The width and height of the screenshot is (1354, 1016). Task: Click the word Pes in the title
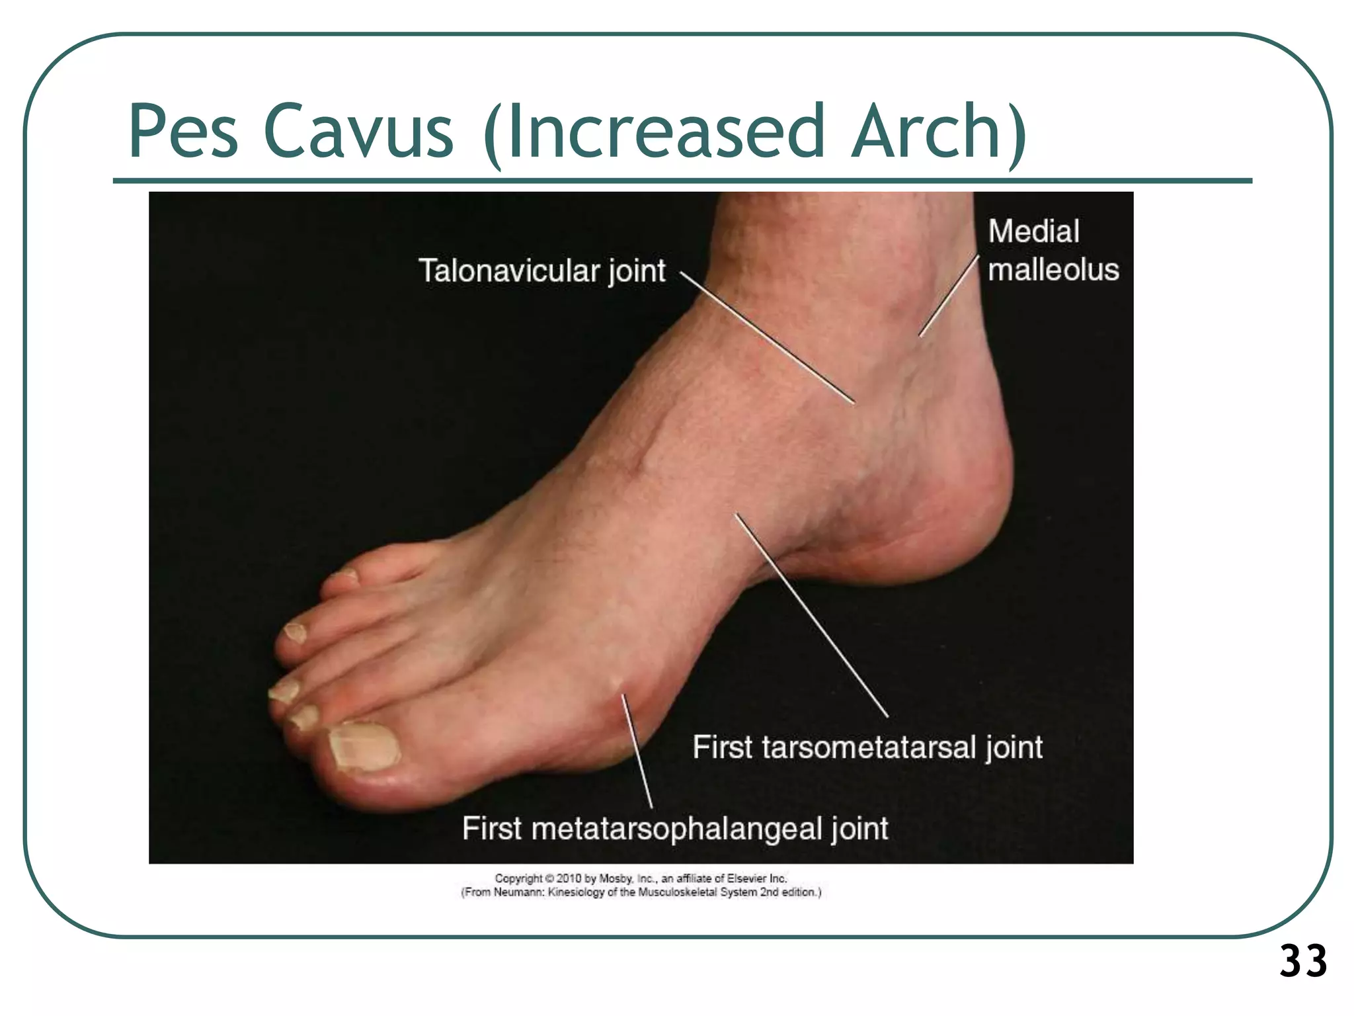click(x=183, y=132)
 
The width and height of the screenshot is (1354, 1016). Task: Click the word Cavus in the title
click(x=358, y=132)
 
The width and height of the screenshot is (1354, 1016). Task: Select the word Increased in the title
click(x=665, y=132)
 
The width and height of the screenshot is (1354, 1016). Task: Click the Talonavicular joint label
click(x=541, y=271)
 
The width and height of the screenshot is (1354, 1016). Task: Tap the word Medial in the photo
click(x=1033, y=232)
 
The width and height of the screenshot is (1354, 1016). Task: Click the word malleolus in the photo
click(x=1053, y=270)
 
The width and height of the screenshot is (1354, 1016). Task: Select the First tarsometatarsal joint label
click(x=867, y=747)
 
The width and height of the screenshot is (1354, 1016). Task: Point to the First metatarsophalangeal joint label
click(x=674, y=828)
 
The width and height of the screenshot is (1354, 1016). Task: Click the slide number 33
click(x=1302, y=961)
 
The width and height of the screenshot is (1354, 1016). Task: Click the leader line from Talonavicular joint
click(x=767, y=337)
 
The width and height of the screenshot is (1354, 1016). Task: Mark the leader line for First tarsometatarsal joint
click(x=812, y=615)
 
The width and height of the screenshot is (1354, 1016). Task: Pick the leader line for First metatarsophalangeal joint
click(x=637, y=751)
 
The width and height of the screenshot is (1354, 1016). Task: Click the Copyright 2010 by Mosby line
click(x=640, y=878)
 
